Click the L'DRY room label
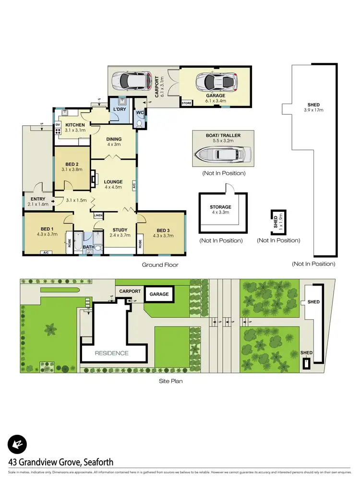click(x=119, y=110)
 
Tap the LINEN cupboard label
click(x=98, y=216)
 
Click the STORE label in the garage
click(x=186, y=103)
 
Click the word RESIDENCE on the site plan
click(x=111, y=353)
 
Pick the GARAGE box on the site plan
click(x=159, y=294)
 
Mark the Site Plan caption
click(x=171, y=381)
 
